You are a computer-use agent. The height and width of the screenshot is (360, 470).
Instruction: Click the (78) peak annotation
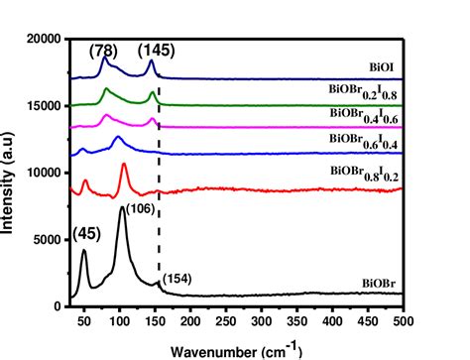tap(103, 49)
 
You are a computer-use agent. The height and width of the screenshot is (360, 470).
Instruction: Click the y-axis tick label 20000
tap(43, 40)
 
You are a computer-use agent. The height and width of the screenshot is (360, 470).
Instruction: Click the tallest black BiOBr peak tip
tap(122, 207)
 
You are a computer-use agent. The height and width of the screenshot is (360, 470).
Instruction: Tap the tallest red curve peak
tap(124, 166)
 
